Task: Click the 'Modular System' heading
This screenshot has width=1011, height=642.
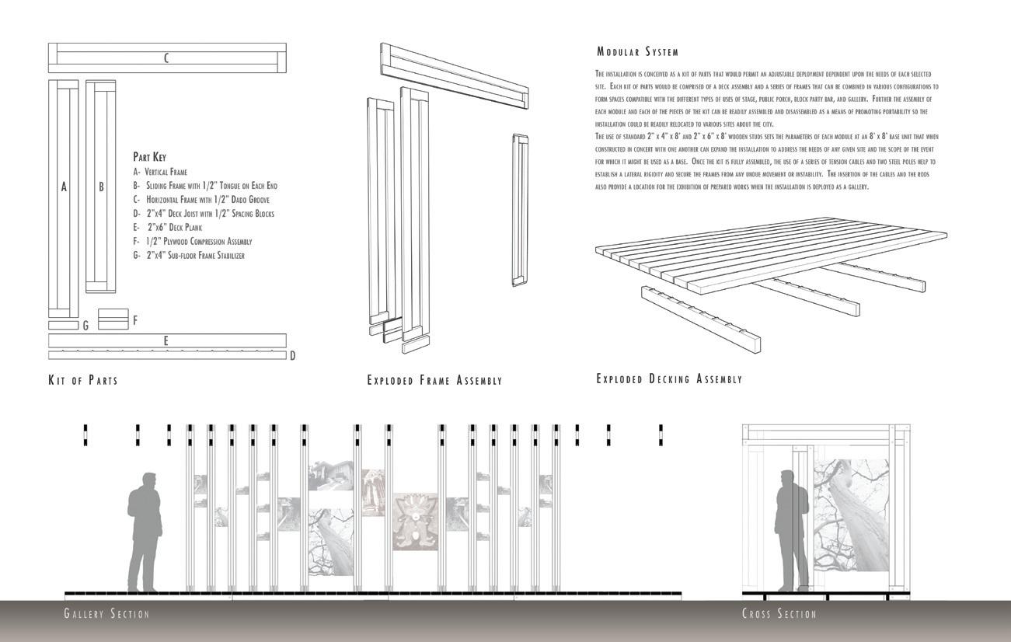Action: [x=637, y=52]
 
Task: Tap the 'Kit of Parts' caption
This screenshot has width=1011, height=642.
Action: [x=83, y=380]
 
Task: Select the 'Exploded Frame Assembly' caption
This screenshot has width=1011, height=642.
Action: [x=434, y=381]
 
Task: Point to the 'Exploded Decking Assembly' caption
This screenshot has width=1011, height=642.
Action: [x=669, y=379]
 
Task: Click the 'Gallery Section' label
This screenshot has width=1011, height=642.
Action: [x=106, y=614]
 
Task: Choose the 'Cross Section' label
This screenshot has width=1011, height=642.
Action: [x=779, y=614]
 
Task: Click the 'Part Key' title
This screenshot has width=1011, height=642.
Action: [x=149, y=157]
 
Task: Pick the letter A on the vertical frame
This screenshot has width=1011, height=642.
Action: [x=64, y=187]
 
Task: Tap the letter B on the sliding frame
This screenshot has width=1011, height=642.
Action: [x=101, y=187]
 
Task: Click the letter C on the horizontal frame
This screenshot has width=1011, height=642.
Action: [x=166, y=58]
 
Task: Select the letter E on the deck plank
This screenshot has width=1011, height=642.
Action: [x=166, y=340]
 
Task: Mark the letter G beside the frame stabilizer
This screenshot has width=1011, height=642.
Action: [x=85, y=326]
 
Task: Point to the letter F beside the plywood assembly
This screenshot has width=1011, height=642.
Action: [x=135, y=319]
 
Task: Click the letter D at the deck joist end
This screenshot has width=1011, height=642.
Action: [x=292, y=356]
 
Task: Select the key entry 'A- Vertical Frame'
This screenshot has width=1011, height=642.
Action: [x=160, y=172]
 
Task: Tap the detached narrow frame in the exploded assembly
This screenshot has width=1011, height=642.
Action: [x=520, y=210]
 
